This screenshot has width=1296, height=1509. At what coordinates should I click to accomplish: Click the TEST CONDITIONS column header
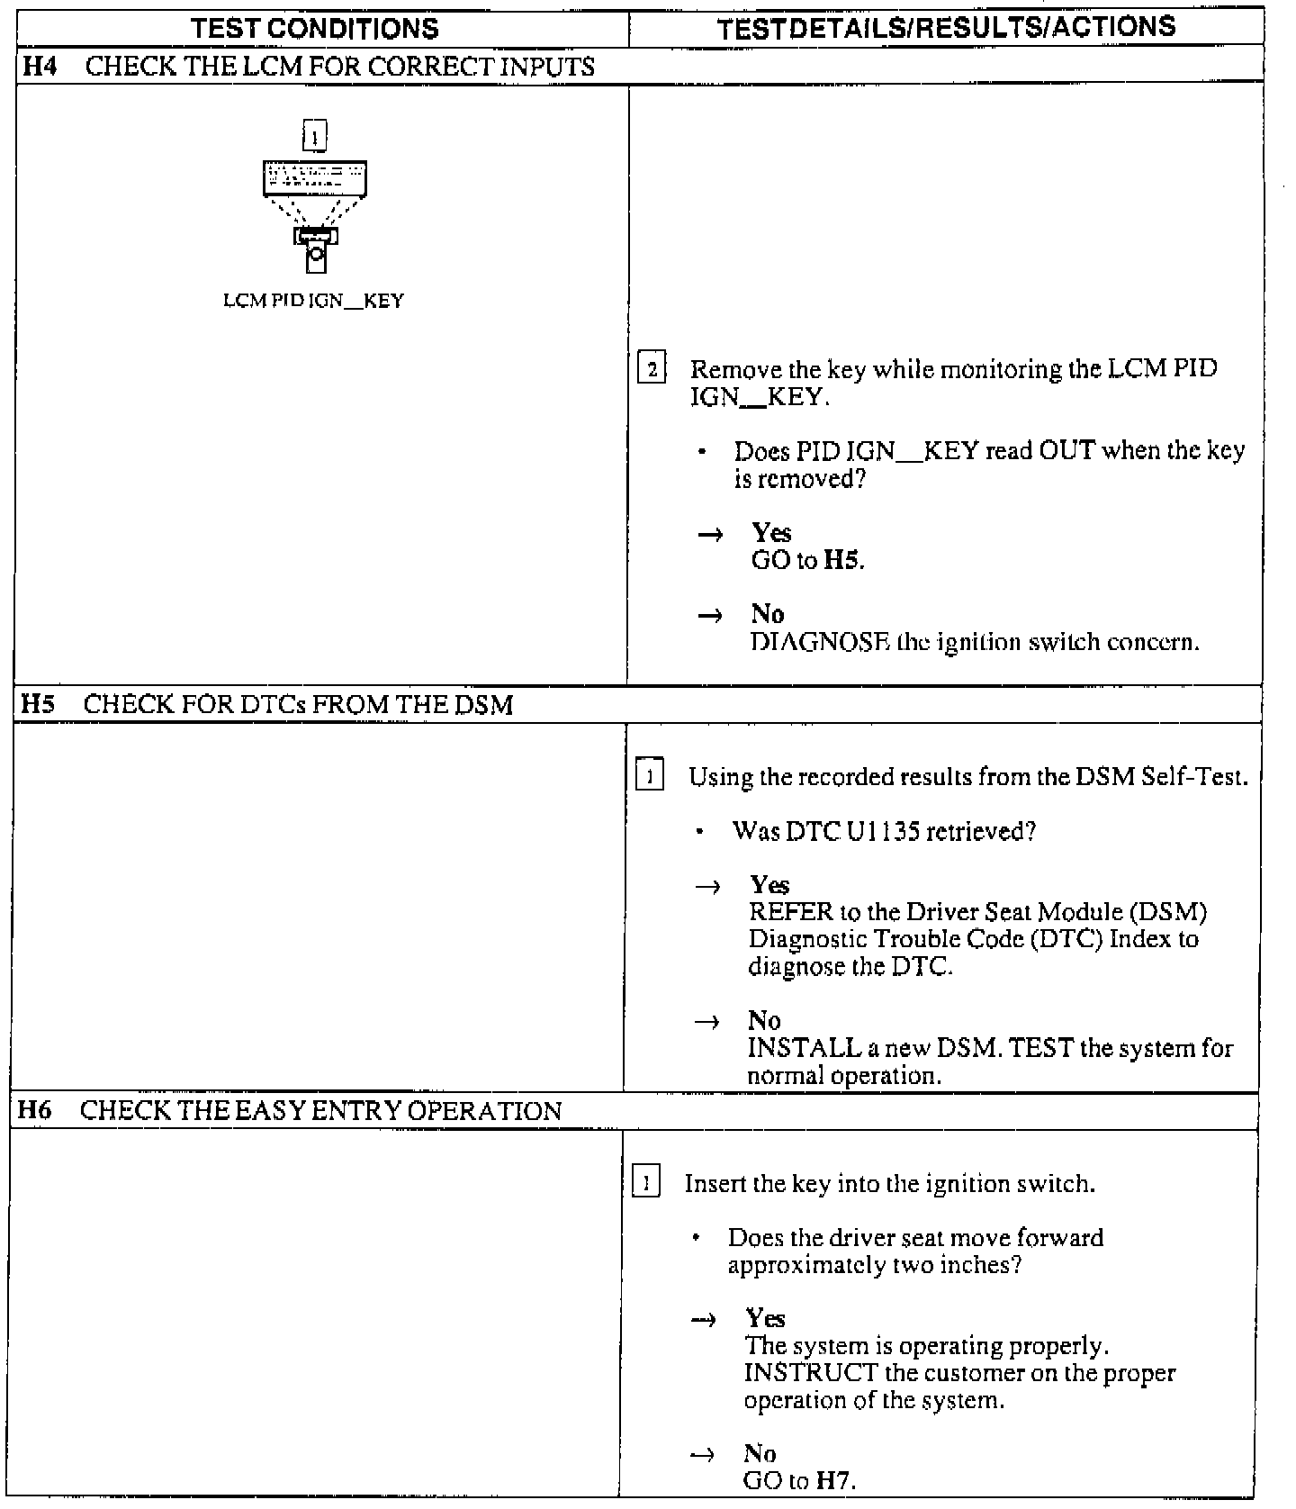tap(315, 29)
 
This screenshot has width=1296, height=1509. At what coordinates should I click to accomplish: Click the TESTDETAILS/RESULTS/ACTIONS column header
tap(946, 27)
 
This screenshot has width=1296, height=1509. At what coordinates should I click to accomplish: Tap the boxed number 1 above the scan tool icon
tap(314, 136)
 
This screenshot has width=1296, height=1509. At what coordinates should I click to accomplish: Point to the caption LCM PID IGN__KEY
tap(313, 301)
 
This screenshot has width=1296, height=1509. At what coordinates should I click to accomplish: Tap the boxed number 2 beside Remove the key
tap(652, 369)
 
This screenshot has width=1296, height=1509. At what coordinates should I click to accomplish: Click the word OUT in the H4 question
tap(1066, 450)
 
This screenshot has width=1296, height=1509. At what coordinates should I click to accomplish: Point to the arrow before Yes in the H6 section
tap(703, 1320)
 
